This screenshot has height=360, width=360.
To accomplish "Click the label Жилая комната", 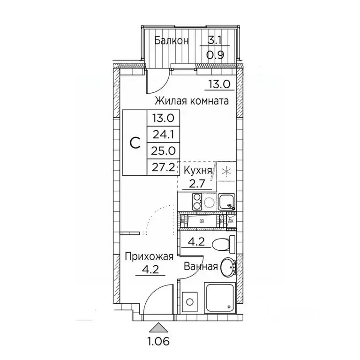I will [192, 101].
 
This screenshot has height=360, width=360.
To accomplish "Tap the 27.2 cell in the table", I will [162, 166].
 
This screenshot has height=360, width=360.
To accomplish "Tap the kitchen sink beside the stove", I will [227, 202].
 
